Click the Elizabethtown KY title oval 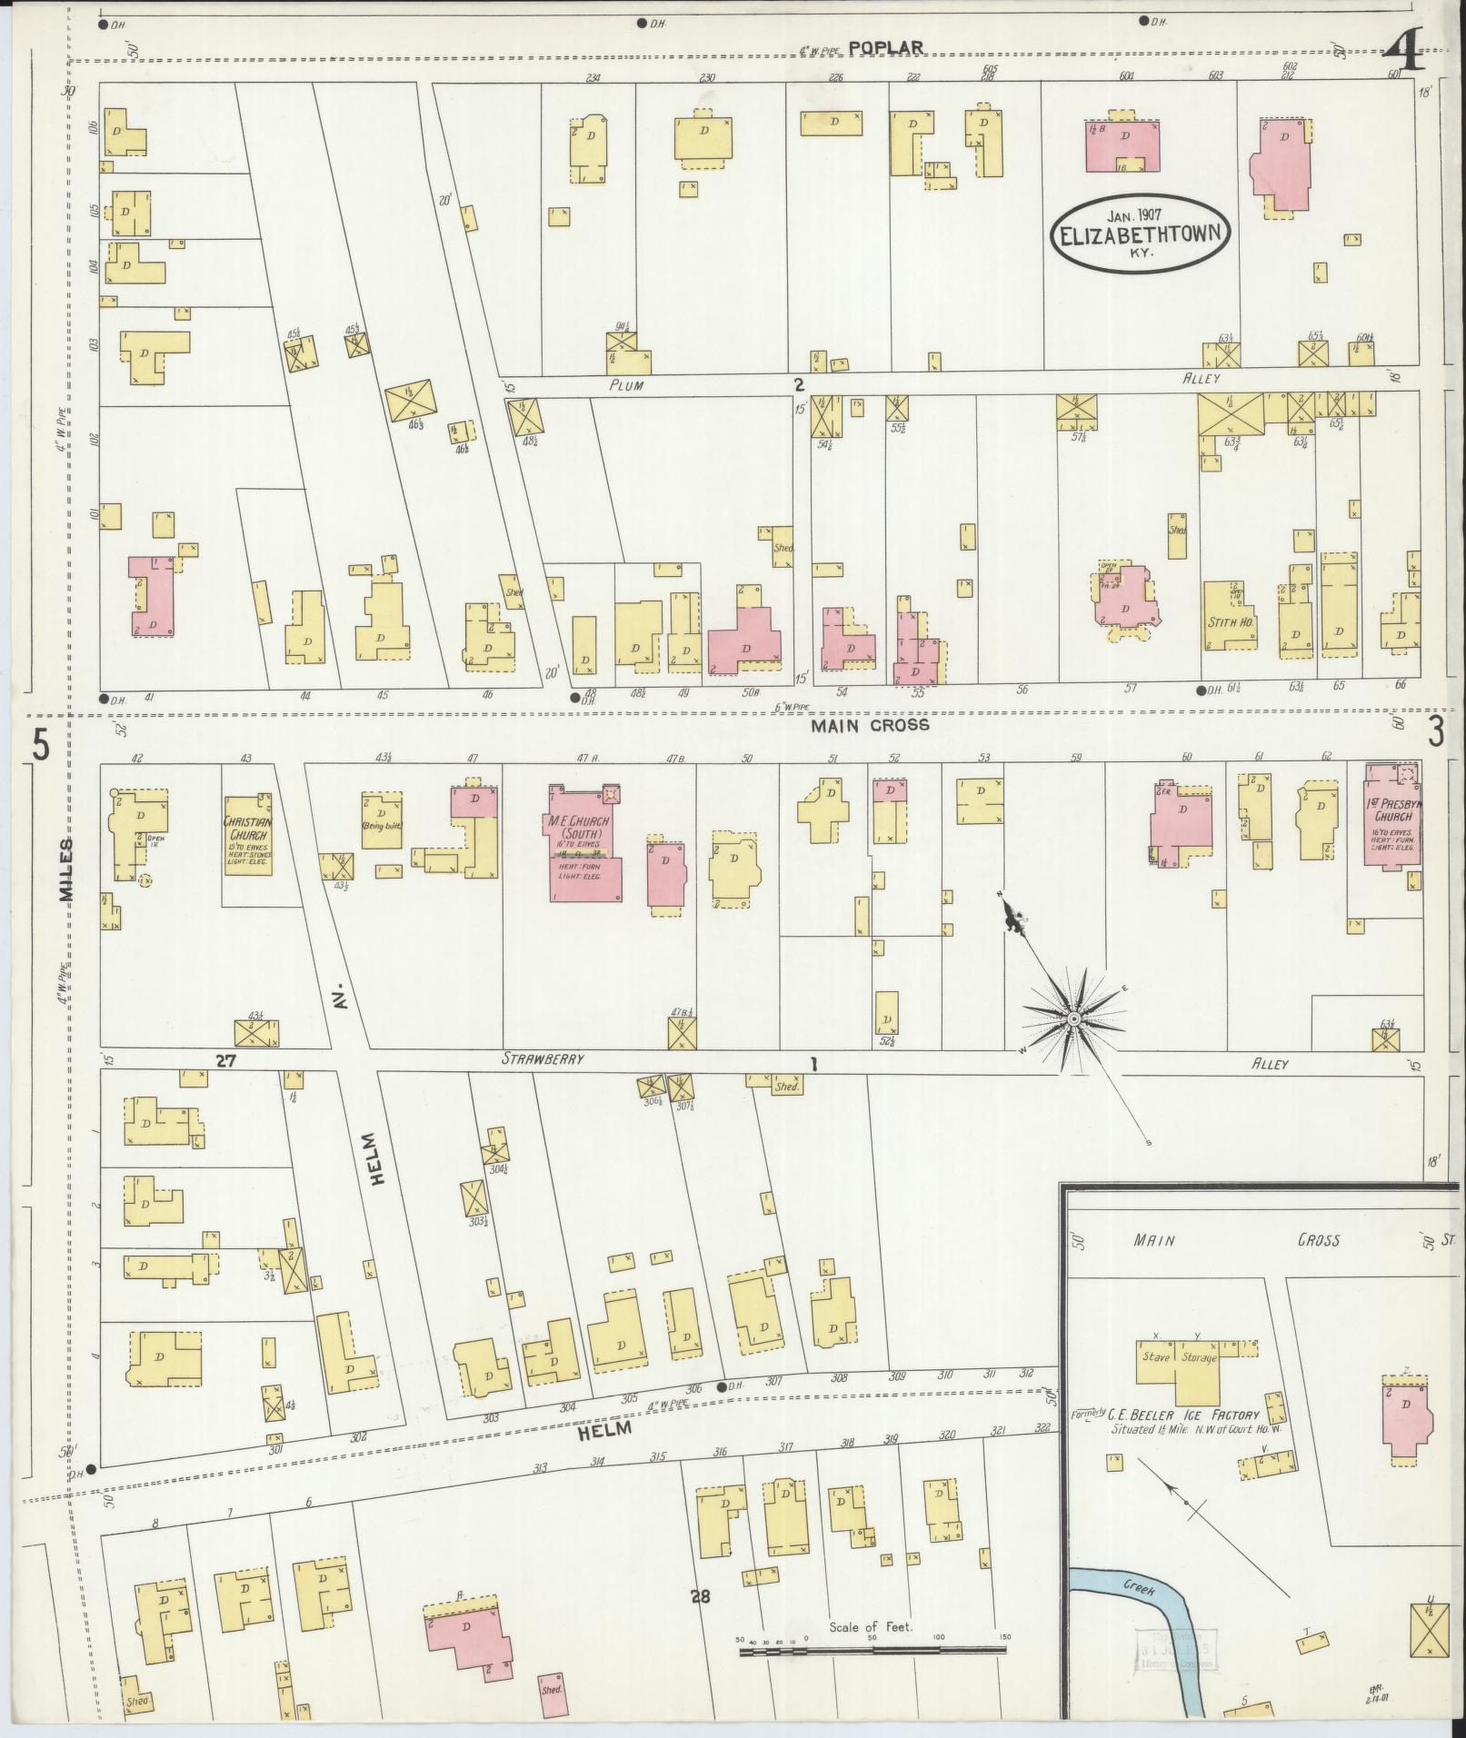pyautogui.click(x=1142, y=233)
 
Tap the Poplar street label pyautogui.click(x=887, y=48)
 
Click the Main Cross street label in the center pyautogui.click(x=870, y=725)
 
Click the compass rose pyautogui.click(x=1072, y=1018)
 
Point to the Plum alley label pyautogui.click(x=626, y=385)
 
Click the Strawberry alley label pyautogui.click(x=543, y=1059)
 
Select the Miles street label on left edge pyautogui.click(x=66, y=870)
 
